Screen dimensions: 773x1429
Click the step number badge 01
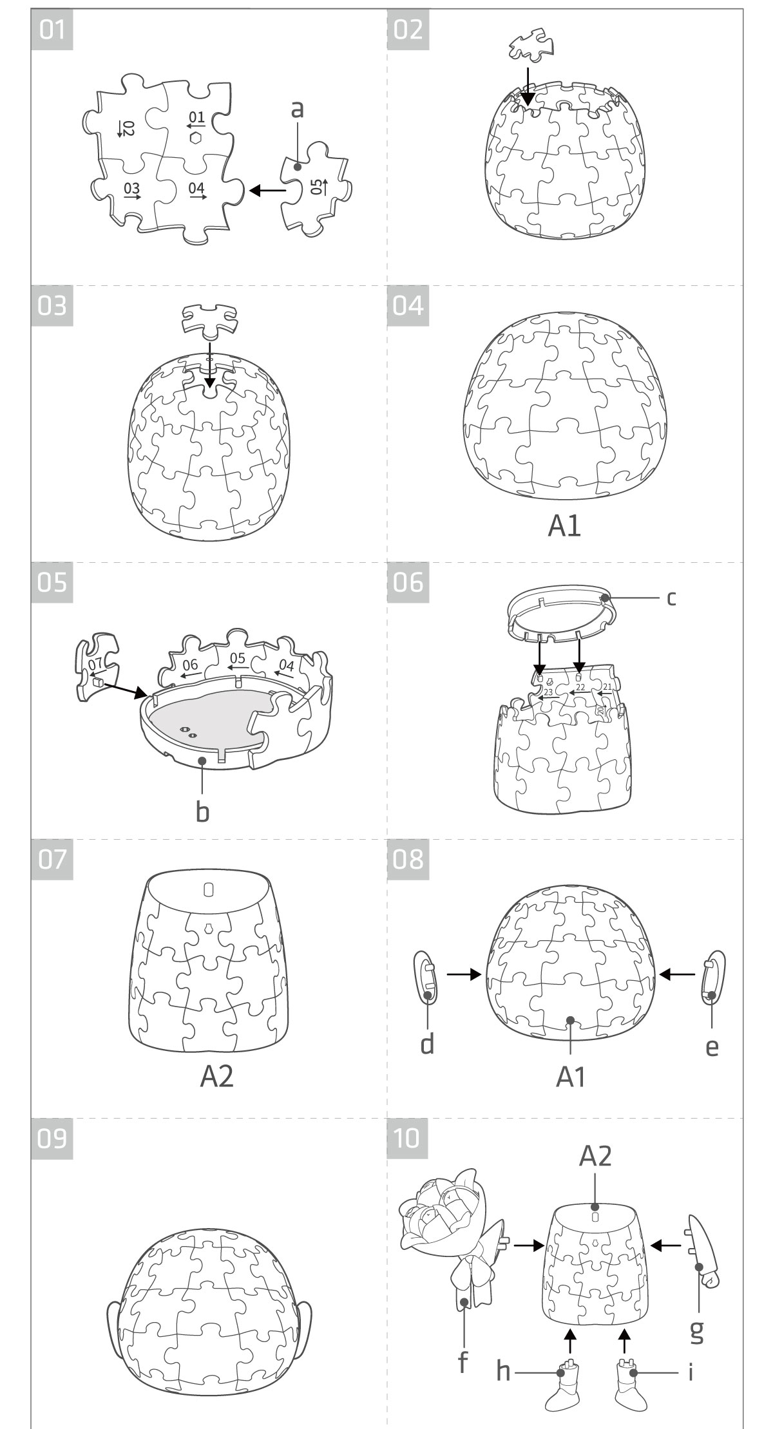click(52, 30)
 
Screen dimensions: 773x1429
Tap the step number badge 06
click(408, 583)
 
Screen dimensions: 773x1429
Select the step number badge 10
click(408, 1138)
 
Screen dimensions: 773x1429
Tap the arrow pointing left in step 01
click(268, 190)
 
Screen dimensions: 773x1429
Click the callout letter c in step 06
click(671, 598)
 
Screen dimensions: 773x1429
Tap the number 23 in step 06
click(548, 692)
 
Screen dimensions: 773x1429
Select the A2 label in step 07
click(216, 1075)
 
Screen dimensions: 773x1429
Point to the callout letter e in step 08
click(712, 1047)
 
